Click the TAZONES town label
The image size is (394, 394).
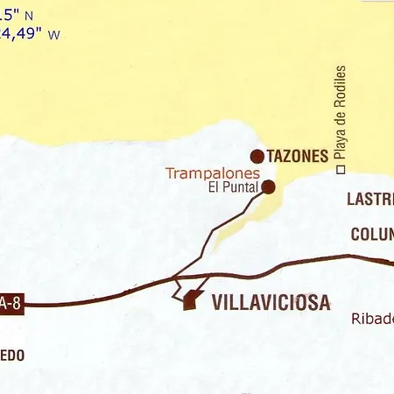[x=299, y=157]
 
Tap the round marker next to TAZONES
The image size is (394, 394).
[x=257, y=157]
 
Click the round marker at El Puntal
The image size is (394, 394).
[x=269, y=186]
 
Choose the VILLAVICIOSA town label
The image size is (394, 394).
[x=271, y=303]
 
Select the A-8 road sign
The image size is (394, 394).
[x=10, y=304]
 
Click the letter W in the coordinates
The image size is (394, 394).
[x=55, y=35]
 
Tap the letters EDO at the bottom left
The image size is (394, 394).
[x=11, y=355]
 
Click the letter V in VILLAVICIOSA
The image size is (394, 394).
[x=218, y=303]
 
